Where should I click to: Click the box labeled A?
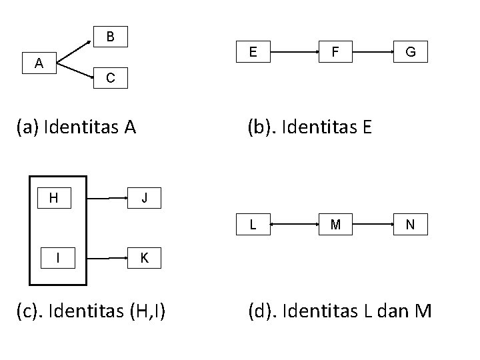pos(39,64)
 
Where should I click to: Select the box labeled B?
pos(111,36)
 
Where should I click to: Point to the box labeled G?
pos(411,51)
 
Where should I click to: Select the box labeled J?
pos(145,198)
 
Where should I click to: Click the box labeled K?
pos(145,257)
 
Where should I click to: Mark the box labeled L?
pos(253,225)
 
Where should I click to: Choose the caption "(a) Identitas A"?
pos(76,126)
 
